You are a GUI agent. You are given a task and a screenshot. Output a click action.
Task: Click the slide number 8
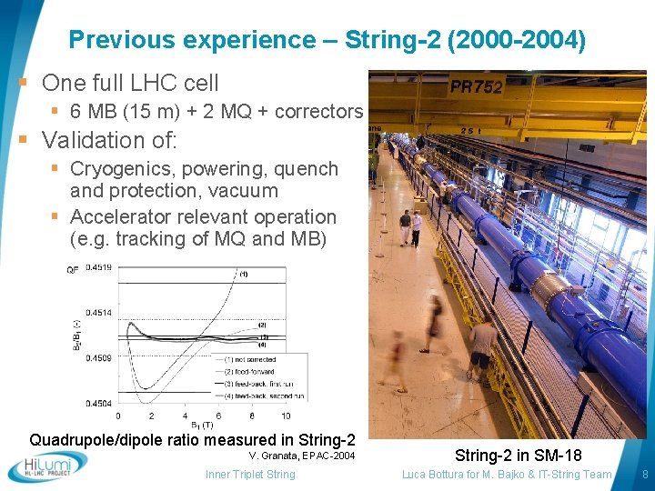tap(644, 474)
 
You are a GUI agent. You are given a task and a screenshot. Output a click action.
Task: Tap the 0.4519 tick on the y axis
tap(98, 267)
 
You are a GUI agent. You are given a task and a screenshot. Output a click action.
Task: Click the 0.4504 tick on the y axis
tap(98, 403)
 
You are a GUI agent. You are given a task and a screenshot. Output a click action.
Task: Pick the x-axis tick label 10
tap(286, 416)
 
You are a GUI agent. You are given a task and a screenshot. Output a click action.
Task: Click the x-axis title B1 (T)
tap(202, 426)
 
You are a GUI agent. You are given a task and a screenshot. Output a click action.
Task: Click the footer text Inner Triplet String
tap(250, 474)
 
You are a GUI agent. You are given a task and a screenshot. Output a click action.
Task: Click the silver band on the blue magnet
tap(549, 291)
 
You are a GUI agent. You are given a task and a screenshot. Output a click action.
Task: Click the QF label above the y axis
tap(72, 268)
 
